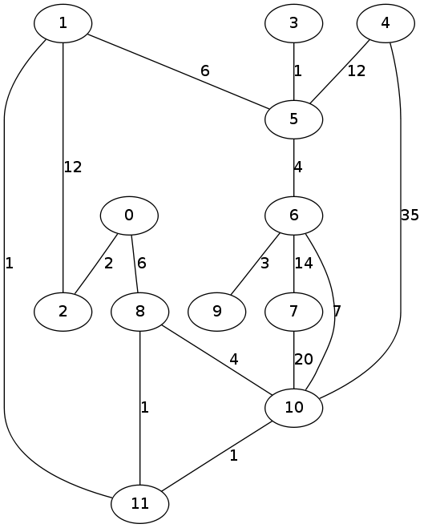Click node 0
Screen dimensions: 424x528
pos(129,216)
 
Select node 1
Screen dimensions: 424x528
pos(63,23)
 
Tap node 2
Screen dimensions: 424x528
pos(63,312)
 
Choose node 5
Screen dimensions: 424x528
pos(294,119)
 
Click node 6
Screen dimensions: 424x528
pos(294,216)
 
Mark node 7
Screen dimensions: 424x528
pos(294,312)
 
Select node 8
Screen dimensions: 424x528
pos(140,312)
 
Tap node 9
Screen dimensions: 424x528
pos(217,312)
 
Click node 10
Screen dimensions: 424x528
pos(294,408)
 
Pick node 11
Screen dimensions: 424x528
pos(140,504)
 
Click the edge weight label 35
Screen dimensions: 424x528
pos(410,215)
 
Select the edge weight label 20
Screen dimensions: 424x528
pos(304,360)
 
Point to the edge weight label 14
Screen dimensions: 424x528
pos(304,264)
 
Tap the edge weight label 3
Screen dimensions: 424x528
pos(264,264)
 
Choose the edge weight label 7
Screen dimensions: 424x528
pos(337,312)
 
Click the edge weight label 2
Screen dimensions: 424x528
pos(108,264)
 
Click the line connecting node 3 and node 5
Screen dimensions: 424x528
pos(294,71)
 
